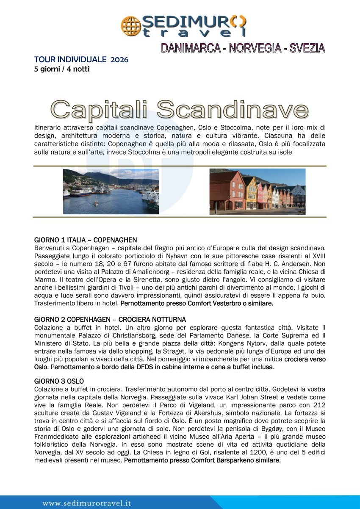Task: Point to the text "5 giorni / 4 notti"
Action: coord(62,69)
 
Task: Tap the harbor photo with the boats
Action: coord(111,191)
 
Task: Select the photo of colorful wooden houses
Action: coord(257,191)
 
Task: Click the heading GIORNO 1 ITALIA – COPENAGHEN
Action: coord(86,240)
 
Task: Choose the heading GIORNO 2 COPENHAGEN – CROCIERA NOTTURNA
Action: coord(110,319)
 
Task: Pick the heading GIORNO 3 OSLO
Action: coord(59,381)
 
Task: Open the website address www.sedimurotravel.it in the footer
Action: coord(87,503)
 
